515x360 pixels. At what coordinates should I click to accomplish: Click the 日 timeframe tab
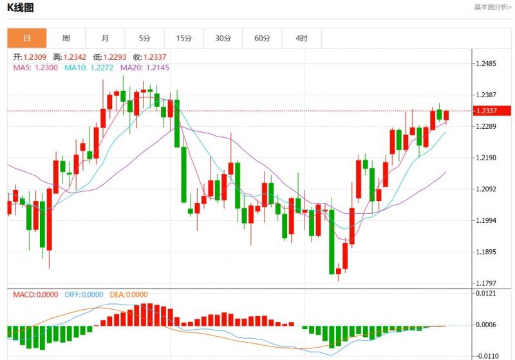(27, 38)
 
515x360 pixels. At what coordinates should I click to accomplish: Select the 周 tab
(66, 38)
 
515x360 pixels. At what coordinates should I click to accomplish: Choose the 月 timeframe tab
(106, 38)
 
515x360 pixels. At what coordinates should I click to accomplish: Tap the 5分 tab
(144, 38)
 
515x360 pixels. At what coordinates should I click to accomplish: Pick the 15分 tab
(184, 38)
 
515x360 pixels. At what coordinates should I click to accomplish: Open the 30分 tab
(223, 38)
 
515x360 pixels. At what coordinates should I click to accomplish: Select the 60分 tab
(262, 38)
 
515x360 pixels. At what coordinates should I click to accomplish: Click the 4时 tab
(301, 38)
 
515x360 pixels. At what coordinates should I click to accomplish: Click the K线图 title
(21, 8)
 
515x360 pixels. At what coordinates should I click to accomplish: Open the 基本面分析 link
(491, 7)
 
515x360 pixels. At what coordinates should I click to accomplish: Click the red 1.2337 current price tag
(492, 111)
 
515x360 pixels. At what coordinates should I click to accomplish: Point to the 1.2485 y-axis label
(487, 64)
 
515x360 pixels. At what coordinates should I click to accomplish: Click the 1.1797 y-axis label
(487, 283)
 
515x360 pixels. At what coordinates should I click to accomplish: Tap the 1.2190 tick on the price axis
(487, 158)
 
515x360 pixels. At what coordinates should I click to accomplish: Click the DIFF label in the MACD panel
(84, 294)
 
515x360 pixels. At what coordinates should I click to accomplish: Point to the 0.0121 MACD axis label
(486, 294)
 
